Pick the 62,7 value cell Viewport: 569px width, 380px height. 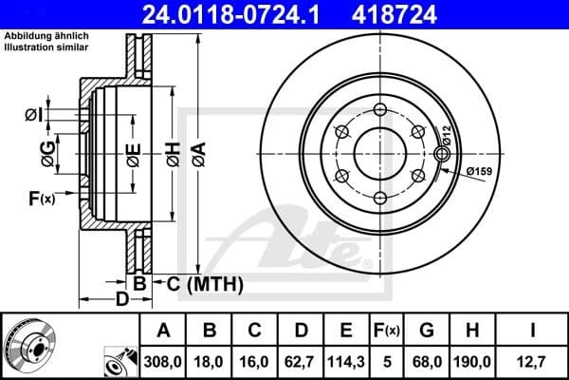click(302, 361)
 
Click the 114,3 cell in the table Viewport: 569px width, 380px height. click(347, 361)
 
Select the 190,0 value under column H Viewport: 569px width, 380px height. click(474, 361)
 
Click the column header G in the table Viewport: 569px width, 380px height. click(427, 331)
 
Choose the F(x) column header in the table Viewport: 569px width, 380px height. click(386, 331)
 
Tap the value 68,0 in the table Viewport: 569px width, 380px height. click(427, 361)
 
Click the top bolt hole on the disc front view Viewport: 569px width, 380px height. click(380, 108)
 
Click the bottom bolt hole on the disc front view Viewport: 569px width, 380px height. click(380, 198)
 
